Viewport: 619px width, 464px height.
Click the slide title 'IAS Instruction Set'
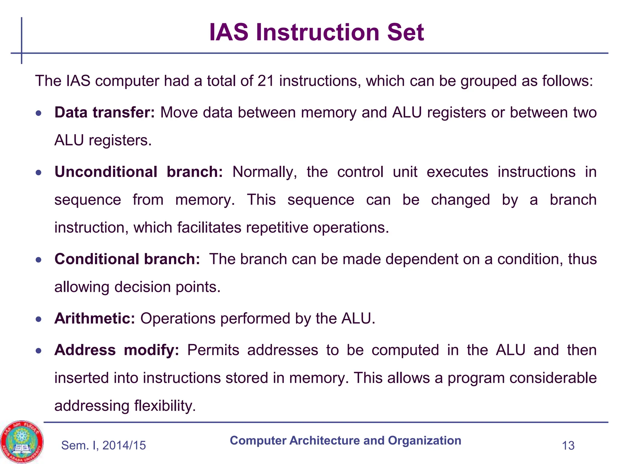coord(316,32)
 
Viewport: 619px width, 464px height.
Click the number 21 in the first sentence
coord(266,81)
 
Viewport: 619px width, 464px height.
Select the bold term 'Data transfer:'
coord(105,112)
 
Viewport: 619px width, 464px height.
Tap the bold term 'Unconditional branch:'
coord(139,172)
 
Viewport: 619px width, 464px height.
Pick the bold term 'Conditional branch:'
coord(127,259)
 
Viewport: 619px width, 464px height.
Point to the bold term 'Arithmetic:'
coord(95,318)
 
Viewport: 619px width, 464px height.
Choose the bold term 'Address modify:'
coord(117,350)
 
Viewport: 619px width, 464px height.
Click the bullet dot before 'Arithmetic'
coord(38,319)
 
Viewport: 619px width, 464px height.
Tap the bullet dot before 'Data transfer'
coord(38,113)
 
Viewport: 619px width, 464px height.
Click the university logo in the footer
coord(22,442)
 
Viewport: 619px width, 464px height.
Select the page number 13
coord(568,446)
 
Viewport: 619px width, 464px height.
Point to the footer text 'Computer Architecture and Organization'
coord(345,440)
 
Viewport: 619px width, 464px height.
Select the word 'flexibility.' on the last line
coord(165,406)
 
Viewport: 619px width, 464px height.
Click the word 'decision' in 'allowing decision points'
coord(142,287)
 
